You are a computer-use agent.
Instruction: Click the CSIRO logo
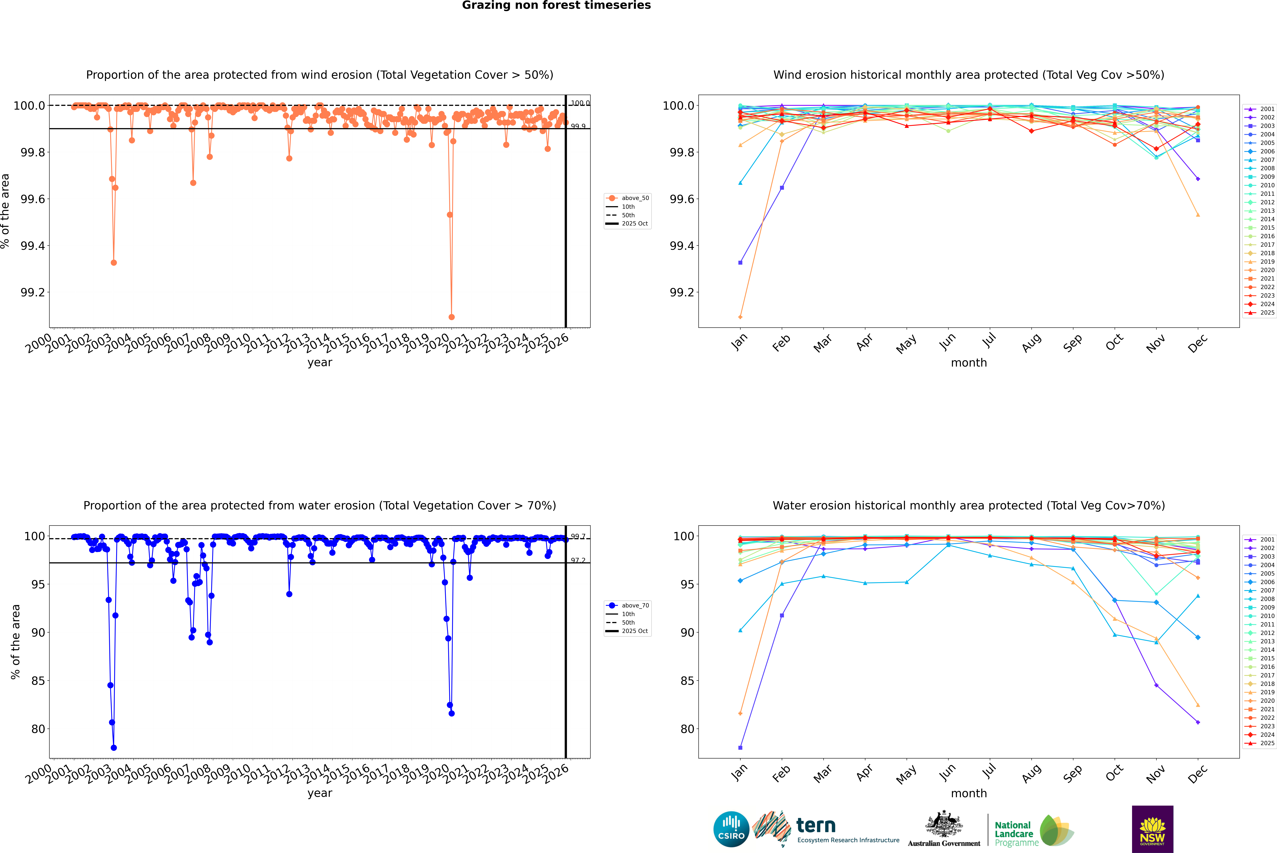pyautogui.click(x=731, y=829)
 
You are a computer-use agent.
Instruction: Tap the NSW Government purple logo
pyautogui.click(x=1152, y=829)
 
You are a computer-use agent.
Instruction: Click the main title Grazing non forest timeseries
pyautogui.click(x=556, y=5)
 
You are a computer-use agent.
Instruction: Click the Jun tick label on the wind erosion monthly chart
pyautogui.click(x=947, y=342)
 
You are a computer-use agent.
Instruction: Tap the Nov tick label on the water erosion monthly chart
pyautogui.click(x=1155, y=773)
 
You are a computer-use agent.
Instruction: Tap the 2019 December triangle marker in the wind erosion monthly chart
pyautogui.click(x=1198, y=215)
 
